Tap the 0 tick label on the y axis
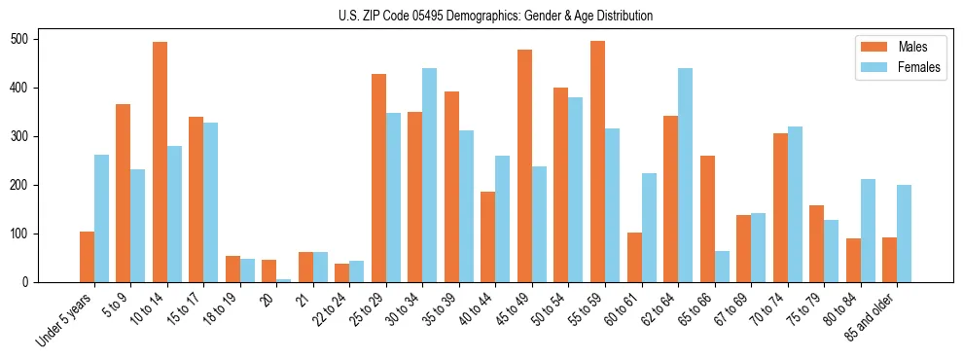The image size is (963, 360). coord(29,282)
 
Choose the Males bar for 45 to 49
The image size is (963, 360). coord(524,165)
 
